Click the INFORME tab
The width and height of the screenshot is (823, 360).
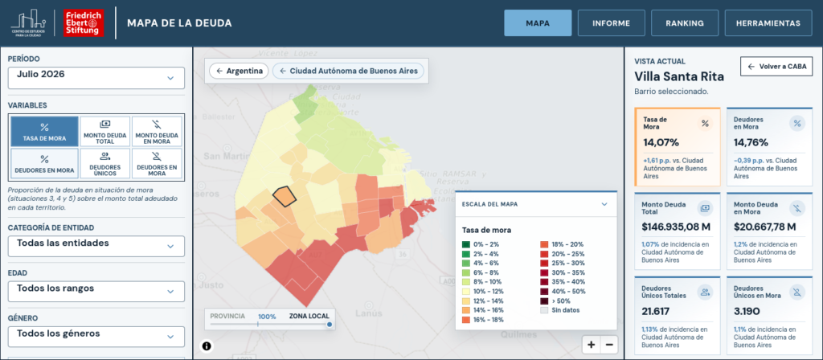tap(611, 23)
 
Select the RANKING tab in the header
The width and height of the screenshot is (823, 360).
tap(685, 23)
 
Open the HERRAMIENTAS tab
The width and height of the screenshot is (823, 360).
tap(768, 23)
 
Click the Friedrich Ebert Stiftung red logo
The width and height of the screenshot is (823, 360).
tap(84, 23)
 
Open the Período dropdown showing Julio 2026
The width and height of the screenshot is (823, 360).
tap(96, 78)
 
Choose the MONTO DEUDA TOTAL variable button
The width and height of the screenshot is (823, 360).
tap(105, 131)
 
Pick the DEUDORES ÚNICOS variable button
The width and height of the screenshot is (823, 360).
tap(105, 164)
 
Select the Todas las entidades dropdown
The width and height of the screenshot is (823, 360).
tap(96, 246)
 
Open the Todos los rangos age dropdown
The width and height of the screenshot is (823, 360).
tap(96, 291)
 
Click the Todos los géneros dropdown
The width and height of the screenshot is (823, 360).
tap(96, 337)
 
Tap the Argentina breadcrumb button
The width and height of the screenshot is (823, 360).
tap(239, 71)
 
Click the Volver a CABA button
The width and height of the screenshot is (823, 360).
tap(776, 67)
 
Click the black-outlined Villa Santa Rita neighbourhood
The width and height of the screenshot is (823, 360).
tap(285, 196)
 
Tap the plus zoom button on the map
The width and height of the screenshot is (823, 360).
tap(591, 345)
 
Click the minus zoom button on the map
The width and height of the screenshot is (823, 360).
tap(609, 345)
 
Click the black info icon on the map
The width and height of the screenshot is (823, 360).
tap(207, 346)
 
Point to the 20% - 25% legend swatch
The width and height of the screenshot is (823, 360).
tap(544, 253)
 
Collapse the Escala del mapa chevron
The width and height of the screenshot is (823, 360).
tap(604, 204)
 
